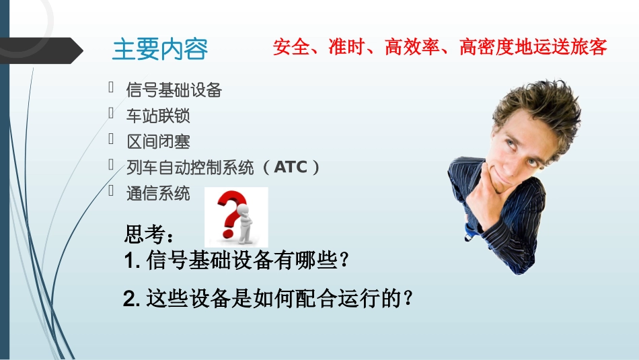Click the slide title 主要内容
(x=160, y=49)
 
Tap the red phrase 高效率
(x=411, y=47)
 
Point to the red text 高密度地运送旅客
(x=533, y=47)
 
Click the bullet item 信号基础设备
(x=174, y=89)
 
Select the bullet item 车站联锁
(x=158, y=116)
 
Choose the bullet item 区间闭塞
(x=158, y=141)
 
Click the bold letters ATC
(x=290, y=167)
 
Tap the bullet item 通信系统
(x=158, y=193)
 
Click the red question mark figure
(x=235, y=217)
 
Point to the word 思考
(x=144, y=236)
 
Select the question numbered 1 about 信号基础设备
(x=237, y=262)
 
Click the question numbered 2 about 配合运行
(x=268, y=299)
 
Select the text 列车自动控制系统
(x=190, y=167)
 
